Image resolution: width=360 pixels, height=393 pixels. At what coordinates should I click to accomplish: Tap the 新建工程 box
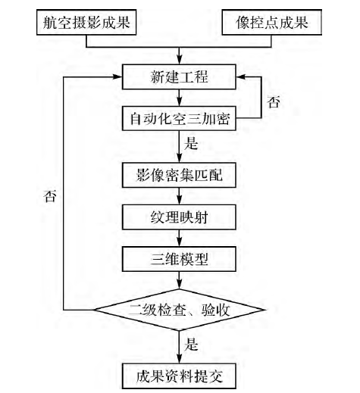180,76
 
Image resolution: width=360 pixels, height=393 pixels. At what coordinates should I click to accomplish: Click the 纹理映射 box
180,218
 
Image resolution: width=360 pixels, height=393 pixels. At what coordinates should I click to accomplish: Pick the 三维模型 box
180,259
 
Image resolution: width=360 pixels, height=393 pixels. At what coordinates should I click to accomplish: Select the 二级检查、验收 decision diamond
180,308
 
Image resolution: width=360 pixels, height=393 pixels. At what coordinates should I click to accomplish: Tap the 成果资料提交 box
180,371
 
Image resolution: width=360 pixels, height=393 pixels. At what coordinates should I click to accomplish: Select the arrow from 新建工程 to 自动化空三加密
180,97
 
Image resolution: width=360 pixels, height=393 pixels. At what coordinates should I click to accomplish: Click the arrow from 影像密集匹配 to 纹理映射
180,197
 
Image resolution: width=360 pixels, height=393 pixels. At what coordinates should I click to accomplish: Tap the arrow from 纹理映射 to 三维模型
180,239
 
